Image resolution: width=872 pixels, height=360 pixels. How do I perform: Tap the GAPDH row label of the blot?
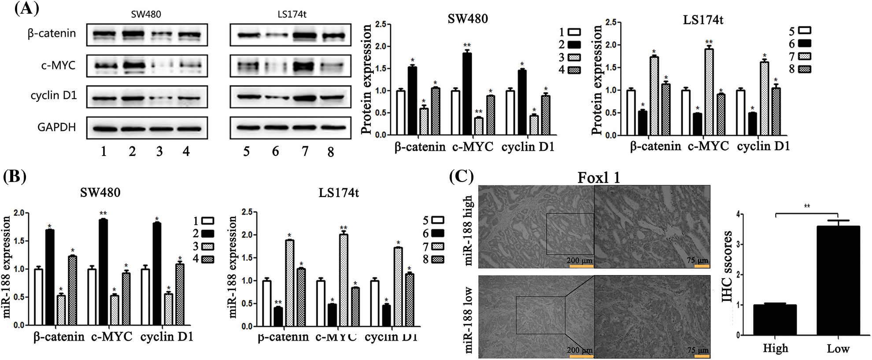pos(56,127)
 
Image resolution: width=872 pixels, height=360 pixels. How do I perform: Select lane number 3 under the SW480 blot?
pos(159,152)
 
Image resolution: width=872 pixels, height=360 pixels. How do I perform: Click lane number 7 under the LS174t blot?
pos(305,152)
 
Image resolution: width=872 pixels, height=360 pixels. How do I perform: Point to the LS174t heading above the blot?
pos(292,14)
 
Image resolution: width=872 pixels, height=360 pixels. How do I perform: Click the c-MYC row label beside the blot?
pos(58,66)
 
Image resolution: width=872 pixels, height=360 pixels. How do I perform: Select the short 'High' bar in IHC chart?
pos(775,319)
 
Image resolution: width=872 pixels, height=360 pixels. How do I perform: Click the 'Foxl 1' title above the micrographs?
pos(599,178)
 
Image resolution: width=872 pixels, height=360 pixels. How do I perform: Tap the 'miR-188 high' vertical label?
pos(468,230)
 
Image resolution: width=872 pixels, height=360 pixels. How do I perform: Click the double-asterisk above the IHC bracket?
pos(807,206)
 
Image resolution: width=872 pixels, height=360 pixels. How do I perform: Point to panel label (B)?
pos(14,176)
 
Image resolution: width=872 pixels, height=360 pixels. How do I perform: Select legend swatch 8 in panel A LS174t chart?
pos(804,69)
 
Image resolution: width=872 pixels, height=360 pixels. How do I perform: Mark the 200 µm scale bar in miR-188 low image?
pos(579,355)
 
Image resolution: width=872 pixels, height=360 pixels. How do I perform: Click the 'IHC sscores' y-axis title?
pos(728,266)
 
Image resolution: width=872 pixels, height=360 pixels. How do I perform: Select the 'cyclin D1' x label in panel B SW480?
pos(167,337)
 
